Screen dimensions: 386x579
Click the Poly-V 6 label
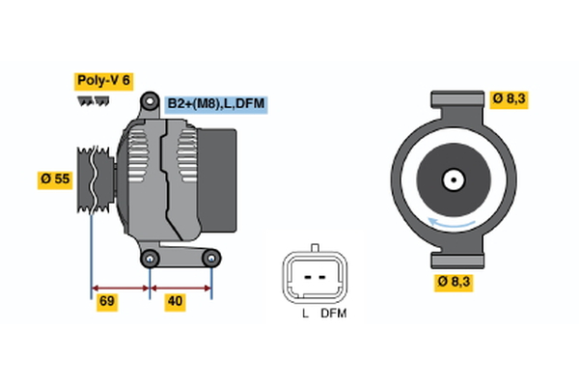coord(104,80)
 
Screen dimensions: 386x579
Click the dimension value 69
coord(108,302)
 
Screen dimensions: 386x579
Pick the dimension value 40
coord(175,302)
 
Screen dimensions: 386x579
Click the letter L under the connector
coord(304,315)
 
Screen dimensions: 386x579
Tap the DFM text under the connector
coord(333,315)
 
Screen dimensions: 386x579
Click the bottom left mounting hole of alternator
coord(150,258)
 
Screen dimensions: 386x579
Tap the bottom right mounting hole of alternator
coord(211,258)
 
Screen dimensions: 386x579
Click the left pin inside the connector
coord(306,276)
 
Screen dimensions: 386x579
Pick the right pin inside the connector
coord(322,276)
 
